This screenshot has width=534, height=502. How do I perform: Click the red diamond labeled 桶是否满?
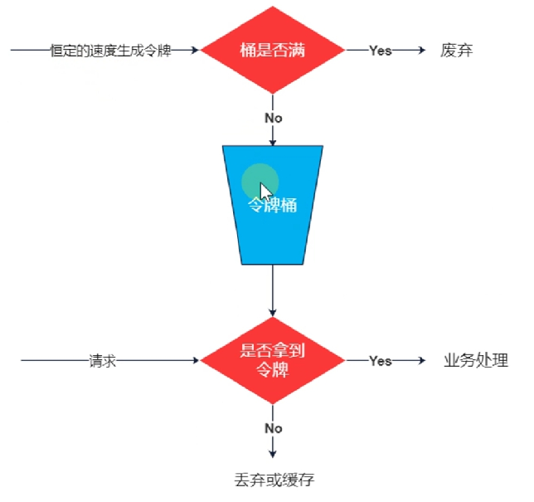click(273, 50)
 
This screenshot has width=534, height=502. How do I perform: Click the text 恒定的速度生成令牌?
click(110, 51)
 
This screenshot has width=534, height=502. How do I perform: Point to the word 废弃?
click(457, 51)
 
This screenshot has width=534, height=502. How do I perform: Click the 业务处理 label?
click(476, 361)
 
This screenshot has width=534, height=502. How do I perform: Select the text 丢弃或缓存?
click(275, 480)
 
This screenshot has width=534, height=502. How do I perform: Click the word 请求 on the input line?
click(103, 361)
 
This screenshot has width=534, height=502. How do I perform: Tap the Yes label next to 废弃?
click(381, 51)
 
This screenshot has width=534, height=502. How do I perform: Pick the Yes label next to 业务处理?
click(381, 361)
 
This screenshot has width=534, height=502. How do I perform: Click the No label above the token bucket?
click(273, 118)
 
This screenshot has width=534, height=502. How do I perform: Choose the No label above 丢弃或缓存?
click(273, 428)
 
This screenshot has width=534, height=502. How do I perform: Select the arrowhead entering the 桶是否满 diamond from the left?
click(196, 51)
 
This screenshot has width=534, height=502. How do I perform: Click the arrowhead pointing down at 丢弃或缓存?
click(273, 454)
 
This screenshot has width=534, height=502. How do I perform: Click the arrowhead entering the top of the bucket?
click(273, 143)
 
